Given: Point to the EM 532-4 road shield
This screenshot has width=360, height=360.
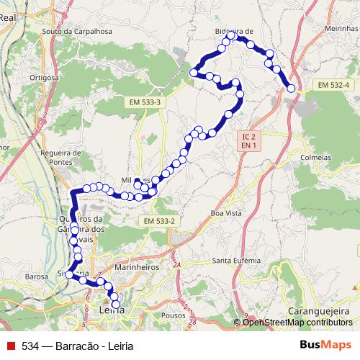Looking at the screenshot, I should click(x=333, y=85).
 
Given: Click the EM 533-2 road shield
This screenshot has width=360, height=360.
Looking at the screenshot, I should click(x=159, y=220).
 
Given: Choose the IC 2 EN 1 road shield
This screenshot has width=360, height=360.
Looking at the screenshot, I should click(x=249, y=140).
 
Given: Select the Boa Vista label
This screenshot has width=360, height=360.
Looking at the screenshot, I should click(x=227, y=213).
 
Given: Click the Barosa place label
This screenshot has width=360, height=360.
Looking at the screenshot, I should click(x=36, y=276).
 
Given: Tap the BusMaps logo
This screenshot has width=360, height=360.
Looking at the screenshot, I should click(x=326, y=346).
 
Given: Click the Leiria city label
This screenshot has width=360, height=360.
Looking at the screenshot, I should click(x=110, y=310).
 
